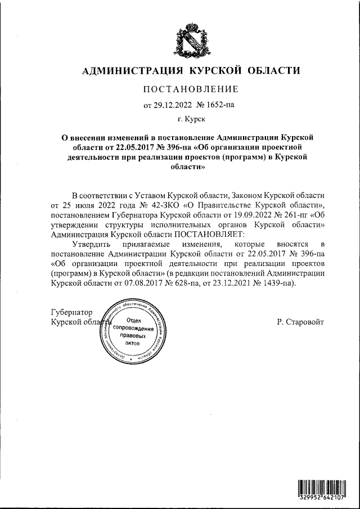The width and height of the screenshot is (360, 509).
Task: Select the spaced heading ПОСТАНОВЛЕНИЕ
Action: pos(191,89)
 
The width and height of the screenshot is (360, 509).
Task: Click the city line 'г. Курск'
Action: pos(191,119)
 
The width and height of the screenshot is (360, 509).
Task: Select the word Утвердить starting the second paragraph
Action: pos(93,245)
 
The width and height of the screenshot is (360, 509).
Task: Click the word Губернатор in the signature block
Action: pos(71,312)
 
